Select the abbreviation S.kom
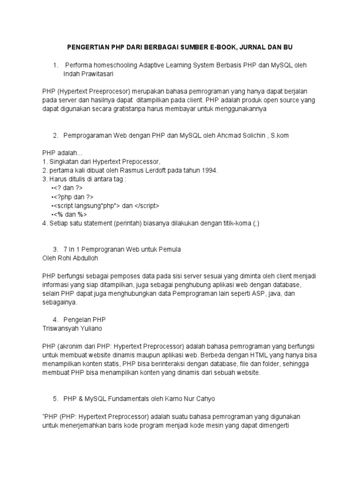click(x=278, y=135)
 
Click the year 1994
click(x=209, y=170)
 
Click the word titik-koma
click(x=233, y=223)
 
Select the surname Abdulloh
click(x=83, y=258)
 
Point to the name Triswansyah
click(x=62, y=329)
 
